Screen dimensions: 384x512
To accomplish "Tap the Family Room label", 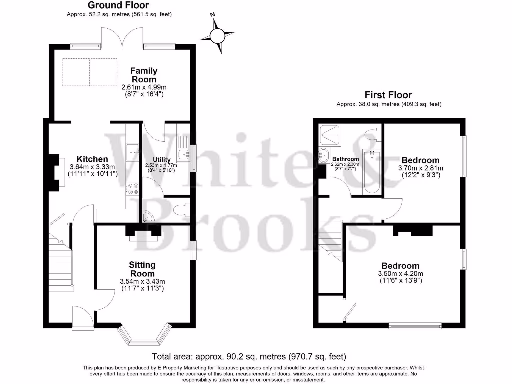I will click(x=144, y=75).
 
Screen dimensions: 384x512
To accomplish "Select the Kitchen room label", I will click(x=92, y=159).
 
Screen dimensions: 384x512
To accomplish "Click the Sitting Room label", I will click(x=142, y=269).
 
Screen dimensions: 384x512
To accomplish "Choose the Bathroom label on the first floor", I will click(x=345, y=160).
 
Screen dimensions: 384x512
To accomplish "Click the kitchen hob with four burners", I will click(x=133, y=188).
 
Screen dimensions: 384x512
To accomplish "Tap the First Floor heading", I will click(x=388, y=95).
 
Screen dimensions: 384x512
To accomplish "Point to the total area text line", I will click(x=248, y=357).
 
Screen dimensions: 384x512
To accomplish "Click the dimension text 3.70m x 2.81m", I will click(x=420, y=168).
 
